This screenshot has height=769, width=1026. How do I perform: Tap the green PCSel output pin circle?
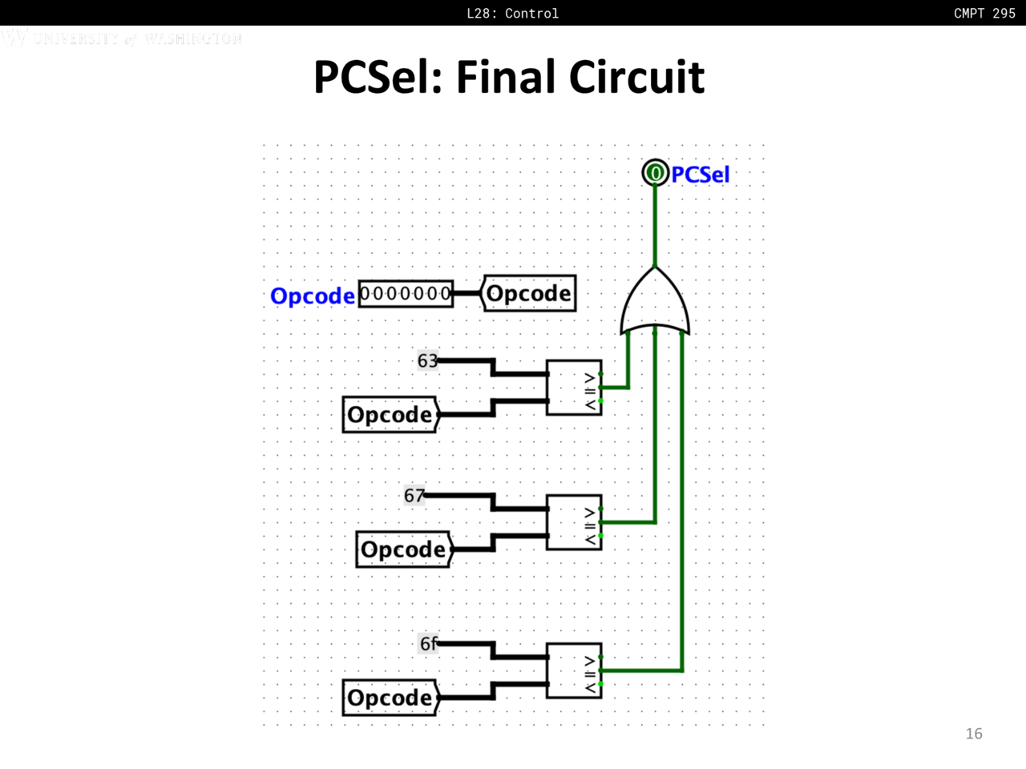(655, 172)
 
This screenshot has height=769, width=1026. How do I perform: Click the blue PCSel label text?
(700, 175)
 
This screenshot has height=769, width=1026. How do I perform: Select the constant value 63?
(427, 360)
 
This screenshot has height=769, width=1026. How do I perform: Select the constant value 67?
(414, 496)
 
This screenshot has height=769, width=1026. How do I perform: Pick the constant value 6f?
(429, 643)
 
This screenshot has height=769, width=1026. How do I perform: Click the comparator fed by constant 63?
(574, 388)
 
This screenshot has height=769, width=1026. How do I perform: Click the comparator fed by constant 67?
(574, 522)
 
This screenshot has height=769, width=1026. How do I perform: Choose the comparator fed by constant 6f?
(574, 670)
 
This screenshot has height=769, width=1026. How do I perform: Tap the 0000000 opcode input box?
(406, 294)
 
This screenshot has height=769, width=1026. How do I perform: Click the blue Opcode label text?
(312, 296)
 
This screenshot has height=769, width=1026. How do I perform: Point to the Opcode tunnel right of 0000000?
(528, 293)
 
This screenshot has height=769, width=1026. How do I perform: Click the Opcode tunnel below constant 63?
(390, 414)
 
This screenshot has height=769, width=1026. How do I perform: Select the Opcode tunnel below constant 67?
(404, 550)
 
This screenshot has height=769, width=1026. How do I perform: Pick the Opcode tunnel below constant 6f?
(390, 698)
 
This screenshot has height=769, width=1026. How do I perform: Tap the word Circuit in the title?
(636, 78)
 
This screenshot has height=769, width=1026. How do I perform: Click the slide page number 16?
(974, 734)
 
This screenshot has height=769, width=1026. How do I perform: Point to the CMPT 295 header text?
(984, 13)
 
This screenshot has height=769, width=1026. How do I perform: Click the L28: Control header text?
(512, 13)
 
